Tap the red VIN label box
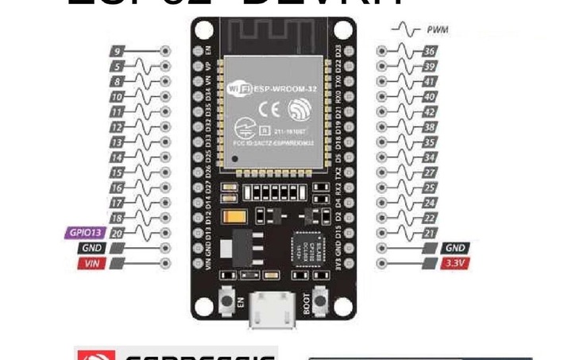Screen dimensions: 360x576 [93, 262]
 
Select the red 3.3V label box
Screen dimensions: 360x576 [456, 262]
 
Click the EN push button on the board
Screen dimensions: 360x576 [225, 301]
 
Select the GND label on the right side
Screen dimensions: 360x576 [455, 248]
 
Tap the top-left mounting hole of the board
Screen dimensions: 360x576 [202, 31]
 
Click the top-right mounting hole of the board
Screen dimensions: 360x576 [343, 31]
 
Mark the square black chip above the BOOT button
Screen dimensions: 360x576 [307, 250]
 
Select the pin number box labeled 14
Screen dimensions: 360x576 [117, 157]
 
